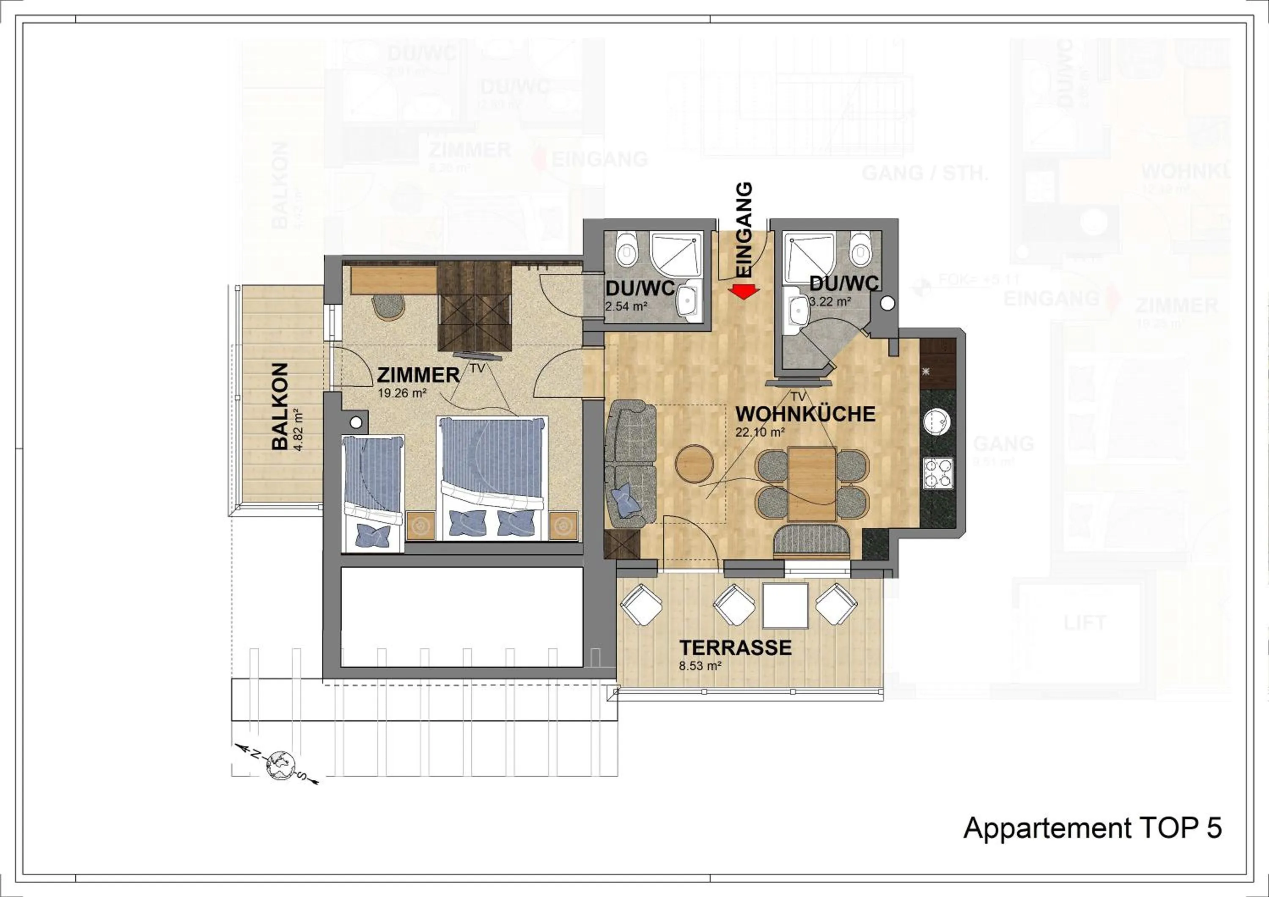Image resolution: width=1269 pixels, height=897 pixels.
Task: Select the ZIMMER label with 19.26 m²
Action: [x=418, y=375]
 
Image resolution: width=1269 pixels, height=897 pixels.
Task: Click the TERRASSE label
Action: [x=735, y=647]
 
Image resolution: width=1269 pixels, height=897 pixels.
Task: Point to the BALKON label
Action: [x=280, y=406]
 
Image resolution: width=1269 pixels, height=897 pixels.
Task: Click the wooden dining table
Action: [x=812, y=484]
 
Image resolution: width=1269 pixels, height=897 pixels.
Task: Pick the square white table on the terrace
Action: [x=785, y=605]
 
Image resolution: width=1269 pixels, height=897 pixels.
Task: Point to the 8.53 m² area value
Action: [x=700, y=666]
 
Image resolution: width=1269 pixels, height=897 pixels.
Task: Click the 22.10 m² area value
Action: [x=760, y=432]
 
